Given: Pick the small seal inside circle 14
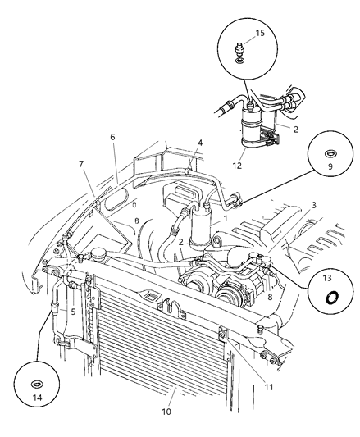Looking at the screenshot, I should [x=38, y=384].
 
